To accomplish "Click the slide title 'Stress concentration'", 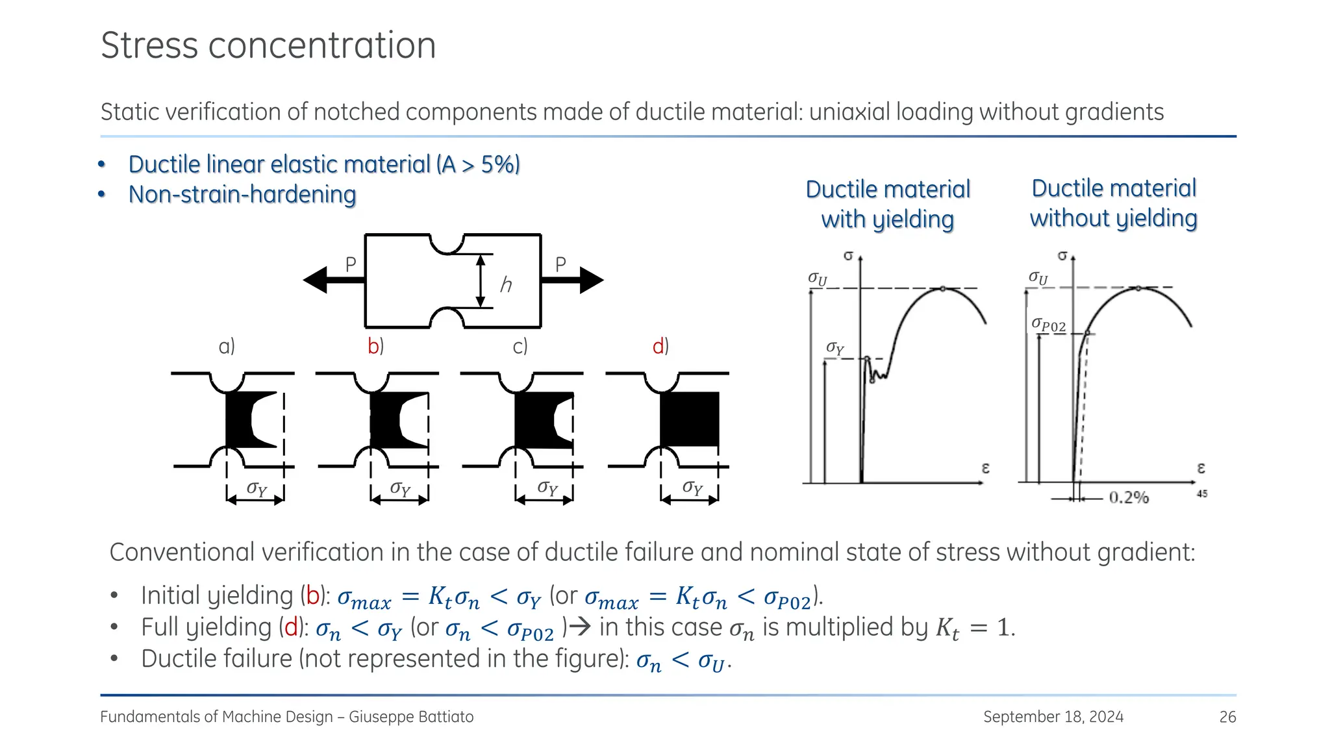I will click(268, 45).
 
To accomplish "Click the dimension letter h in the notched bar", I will click(506, 284).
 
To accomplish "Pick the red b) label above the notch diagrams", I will click(375, 346).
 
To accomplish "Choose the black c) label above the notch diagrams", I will click(520, 346).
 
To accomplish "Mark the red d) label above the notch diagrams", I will click(660, 346).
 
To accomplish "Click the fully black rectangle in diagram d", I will click(690, 419).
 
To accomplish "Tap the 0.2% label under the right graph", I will click(1129, 498).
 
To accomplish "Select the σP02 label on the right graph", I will click(1049, 325).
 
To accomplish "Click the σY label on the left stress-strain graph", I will click(835, 349).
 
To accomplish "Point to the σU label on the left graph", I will click(818, 279).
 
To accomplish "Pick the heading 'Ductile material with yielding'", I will click(888, 204).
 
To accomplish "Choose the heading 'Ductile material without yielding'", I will click(1114, 203).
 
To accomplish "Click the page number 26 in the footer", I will click(1227, 717).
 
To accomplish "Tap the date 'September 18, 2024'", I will click(1053, 717).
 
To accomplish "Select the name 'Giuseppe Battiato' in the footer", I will click(411, 717).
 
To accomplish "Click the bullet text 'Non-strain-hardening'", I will click(242, 194).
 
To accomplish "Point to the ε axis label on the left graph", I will click(985, 467).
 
